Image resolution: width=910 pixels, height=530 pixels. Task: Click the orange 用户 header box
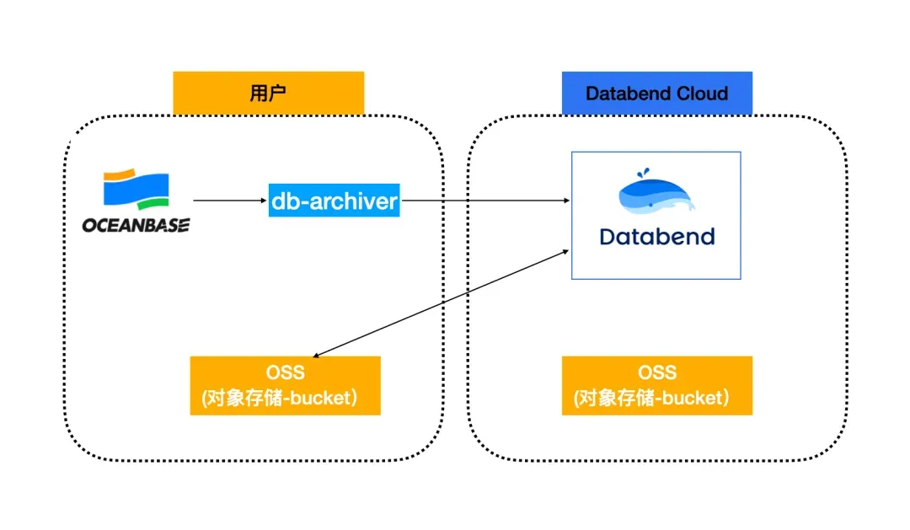(x=268, y=93)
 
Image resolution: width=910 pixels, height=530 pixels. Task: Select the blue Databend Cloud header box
(x=656, y=93)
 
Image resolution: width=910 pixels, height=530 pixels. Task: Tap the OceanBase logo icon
(x=136, y=190)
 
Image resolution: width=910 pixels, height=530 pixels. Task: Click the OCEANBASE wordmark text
(x=136, y=225)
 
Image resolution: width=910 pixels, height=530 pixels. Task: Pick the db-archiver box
(x=335, y=201)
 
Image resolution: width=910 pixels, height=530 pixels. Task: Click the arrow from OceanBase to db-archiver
(x=230, y=201)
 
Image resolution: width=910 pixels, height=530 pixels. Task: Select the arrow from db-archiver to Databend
(x=484, y=201)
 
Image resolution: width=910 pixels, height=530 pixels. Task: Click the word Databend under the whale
(x=656, y=236)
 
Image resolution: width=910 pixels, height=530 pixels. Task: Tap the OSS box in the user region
(x=285, y=385)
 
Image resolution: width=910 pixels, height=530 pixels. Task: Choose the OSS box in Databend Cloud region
(x=656, y=385)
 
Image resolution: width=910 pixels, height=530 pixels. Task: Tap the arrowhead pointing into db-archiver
(x=264, y=201)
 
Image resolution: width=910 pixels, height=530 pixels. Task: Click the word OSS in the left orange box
(x=285, y=372)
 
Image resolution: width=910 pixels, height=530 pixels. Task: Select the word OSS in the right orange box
(x=656, y=372)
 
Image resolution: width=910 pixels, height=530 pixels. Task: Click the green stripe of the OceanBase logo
(x=149, y=205)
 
